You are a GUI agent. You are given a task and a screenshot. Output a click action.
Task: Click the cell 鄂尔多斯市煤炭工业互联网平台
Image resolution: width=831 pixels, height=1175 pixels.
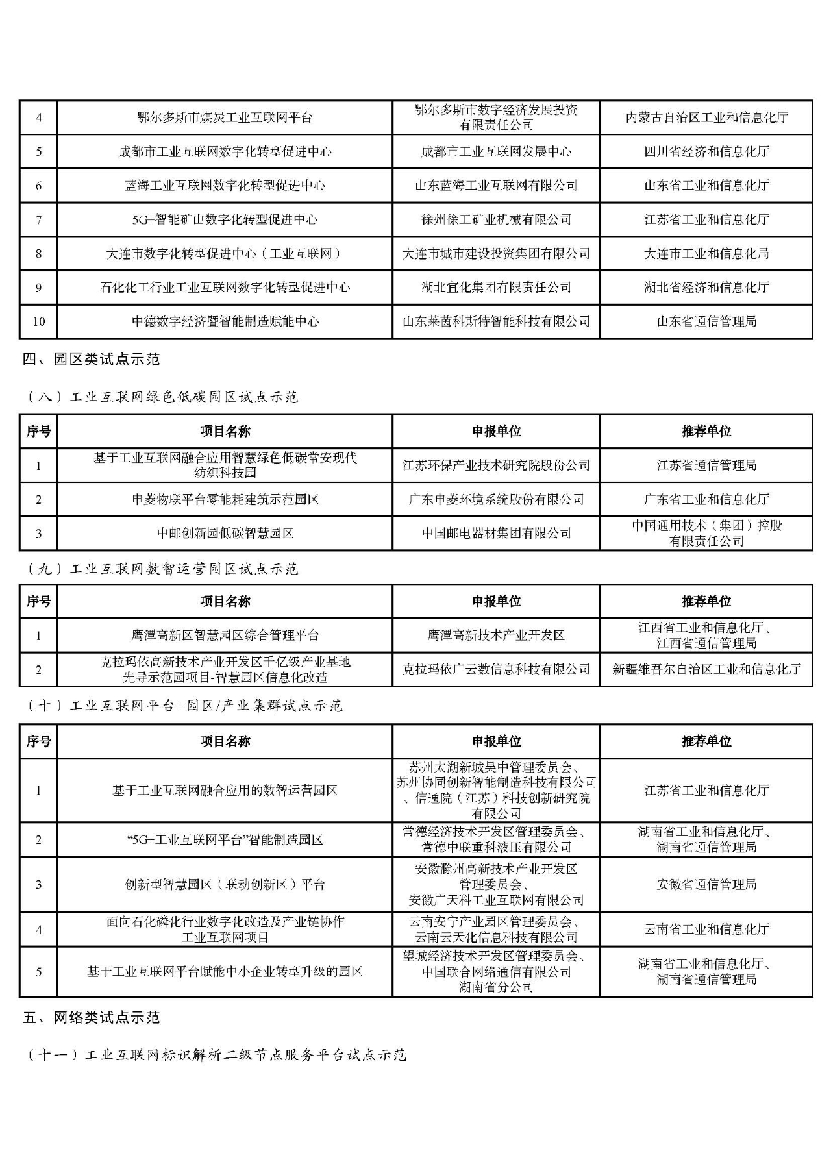pyautogui.click(x=225, y=117)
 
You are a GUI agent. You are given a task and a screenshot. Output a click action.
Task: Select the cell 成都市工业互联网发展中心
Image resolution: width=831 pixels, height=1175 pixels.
pyautogui.click(x=496, y=152)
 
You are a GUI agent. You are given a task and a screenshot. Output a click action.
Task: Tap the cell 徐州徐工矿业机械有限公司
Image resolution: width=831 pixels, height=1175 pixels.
pyautogui.click(x=496, y=219)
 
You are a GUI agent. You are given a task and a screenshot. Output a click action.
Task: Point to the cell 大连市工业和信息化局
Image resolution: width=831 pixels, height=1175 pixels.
pyautogui.click(x=706, y=254)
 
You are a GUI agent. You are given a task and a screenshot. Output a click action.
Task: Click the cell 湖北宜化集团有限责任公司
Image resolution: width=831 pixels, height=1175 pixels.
pyautogui.click(x=496, y=288)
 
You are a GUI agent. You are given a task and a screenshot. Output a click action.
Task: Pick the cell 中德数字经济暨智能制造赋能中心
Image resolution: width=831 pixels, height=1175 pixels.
pyautogui.click(x=225, y=321)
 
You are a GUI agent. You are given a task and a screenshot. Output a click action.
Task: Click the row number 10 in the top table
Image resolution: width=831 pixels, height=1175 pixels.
pyautogui.click(x=39, y=321)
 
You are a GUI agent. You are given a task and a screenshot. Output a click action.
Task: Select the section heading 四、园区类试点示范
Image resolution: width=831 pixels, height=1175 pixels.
pyautogui.click(x=91, y=359)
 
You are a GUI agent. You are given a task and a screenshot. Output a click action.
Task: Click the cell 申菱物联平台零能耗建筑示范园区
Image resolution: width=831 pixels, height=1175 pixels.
pyautogui.click(x=225, y=499)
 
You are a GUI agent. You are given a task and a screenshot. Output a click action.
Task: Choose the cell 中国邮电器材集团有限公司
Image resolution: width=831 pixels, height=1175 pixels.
pyautogui.click(x=496, y=533)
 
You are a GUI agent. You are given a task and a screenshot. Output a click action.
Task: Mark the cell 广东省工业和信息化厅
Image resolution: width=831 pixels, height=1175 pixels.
pyautogui.click(x=706, y=499)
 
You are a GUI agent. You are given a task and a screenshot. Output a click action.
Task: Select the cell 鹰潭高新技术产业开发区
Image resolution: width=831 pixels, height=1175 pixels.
pyautogui.click(x=496, y=636)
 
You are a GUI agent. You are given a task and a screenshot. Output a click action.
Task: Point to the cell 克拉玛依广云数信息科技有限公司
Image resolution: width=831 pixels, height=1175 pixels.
pyautogui.click(x=496, y=669)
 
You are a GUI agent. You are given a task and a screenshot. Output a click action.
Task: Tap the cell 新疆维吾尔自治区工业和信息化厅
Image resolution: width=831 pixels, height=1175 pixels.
pyautogui.click(x=706, y=669)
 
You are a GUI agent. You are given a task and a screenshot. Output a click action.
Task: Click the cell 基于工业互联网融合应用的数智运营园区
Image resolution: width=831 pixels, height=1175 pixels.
pyautogui.click(x=225, y=791)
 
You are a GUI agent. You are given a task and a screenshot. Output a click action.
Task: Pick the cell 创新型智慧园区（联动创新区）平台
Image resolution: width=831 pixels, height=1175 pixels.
pyautogui.click(x=225, y=885)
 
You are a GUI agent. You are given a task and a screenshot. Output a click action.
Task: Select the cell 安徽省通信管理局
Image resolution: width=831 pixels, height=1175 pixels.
pyautogui.click(x=706, y=885)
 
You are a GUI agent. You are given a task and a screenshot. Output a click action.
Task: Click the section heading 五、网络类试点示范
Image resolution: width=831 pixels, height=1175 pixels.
pyautogui.click(x=91, y=1018)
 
